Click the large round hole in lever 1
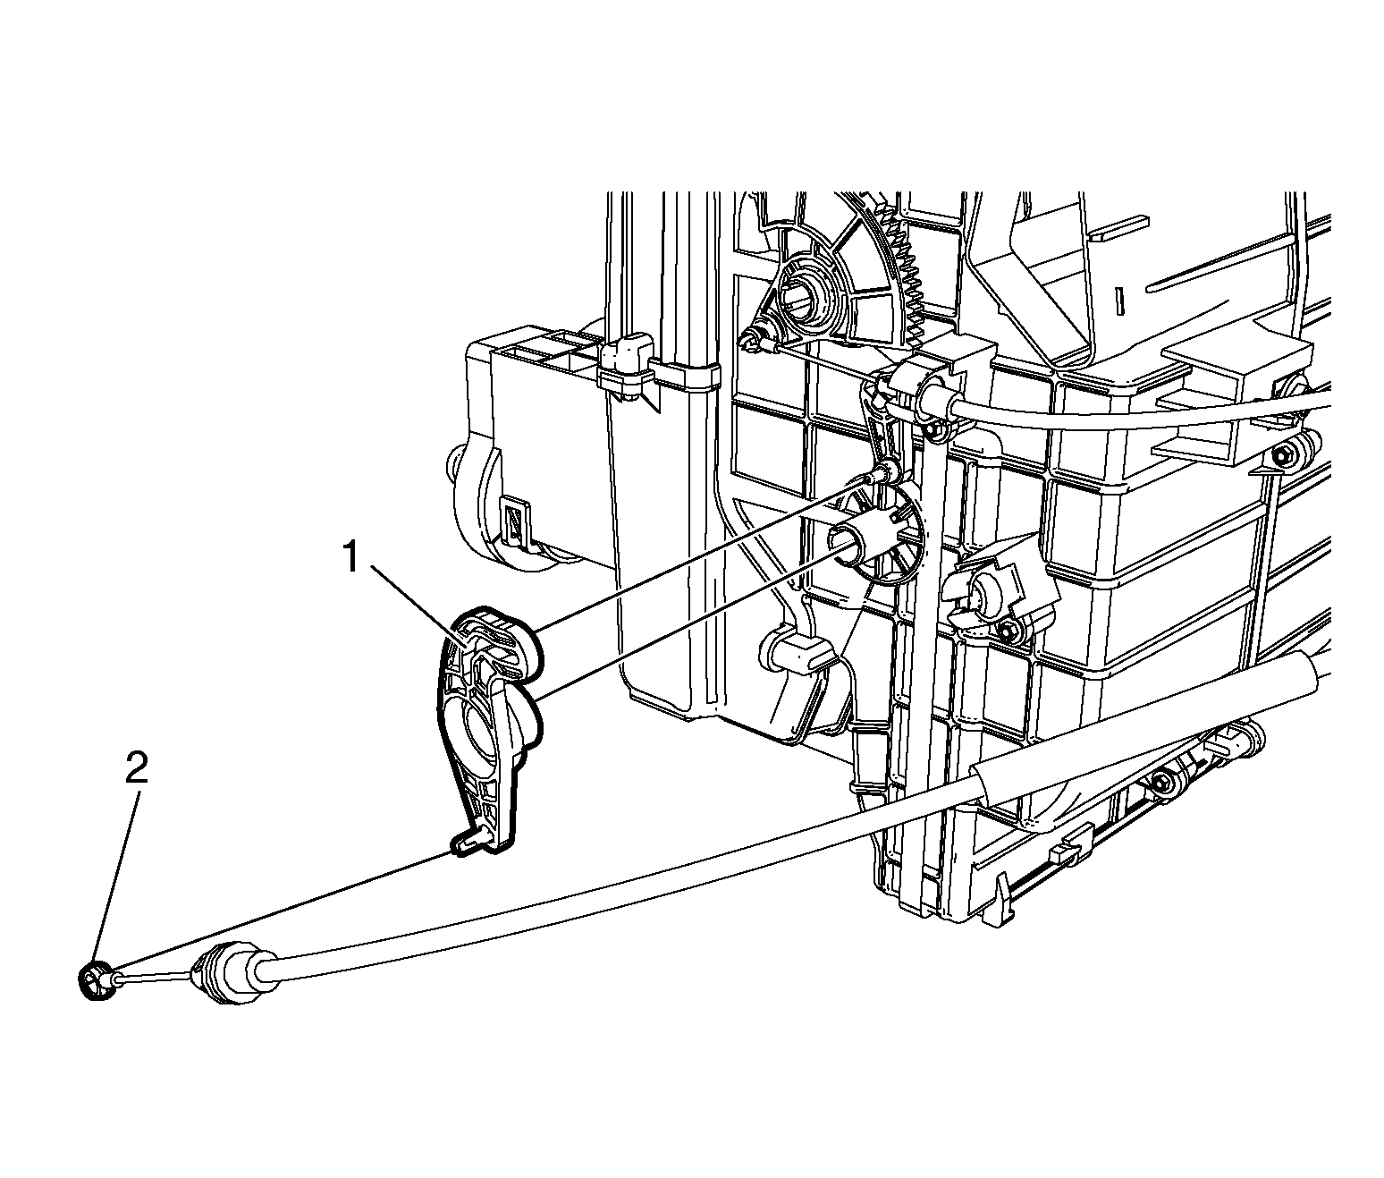point(483,734)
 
